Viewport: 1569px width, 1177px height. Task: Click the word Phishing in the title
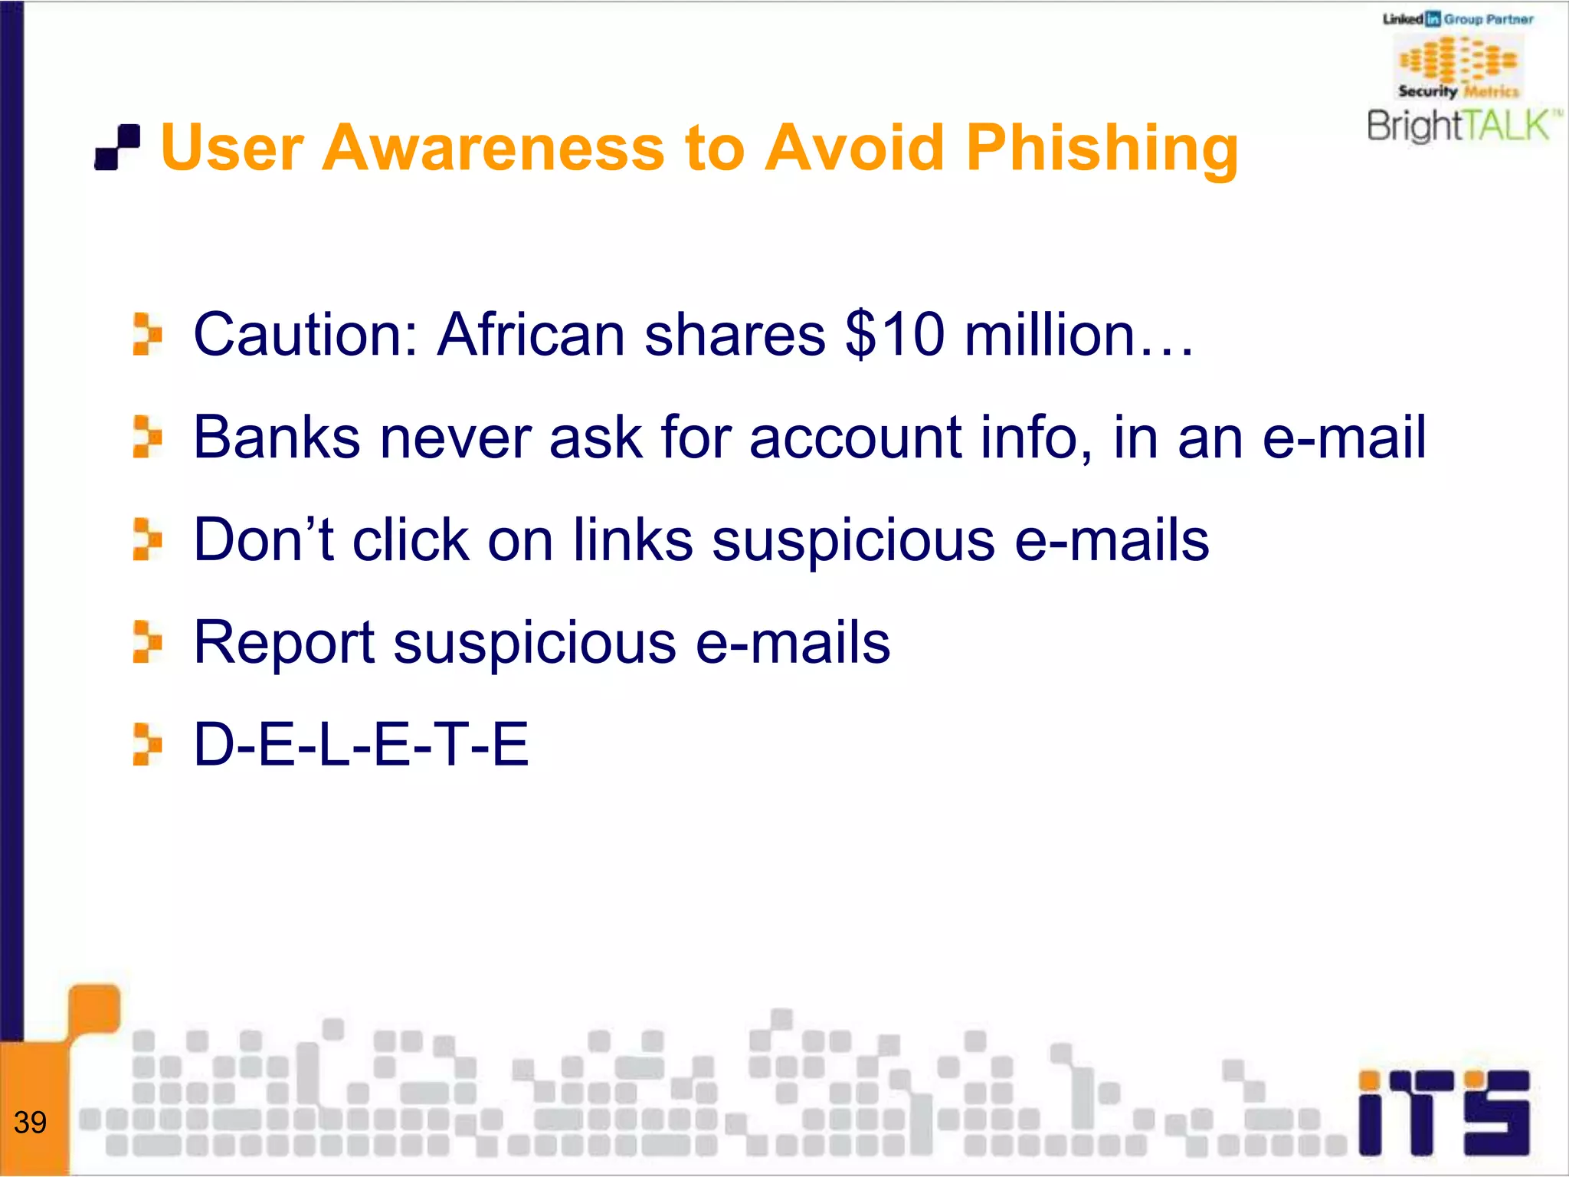[1101, 149]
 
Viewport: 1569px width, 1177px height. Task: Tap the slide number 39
[31, 1123]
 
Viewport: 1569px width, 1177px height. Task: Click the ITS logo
[1443, 1113]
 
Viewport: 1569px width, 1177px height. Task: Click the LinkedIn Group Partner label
[1458, 19]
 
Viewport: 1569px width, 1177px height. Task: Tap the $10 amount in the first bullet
[894, 335]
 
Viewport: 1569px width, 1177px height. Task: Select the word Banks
[277, 438]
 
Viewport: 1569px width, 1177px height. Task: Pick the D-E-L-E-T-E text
[361, 744]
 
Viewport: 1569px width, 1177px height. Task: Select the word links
[633, 540]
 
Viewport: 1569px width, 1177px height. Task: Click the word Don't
[264, 540]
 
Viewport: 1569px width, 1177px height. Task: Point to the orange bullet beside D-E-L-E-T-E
[146, 744]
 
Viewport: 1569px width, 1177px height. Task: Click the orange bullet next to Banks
[146, 438]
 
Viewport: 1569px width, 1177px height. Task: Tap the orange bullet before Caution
[146, 335]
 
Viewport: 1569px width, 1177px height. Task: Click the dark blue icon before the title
[117, 147]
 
